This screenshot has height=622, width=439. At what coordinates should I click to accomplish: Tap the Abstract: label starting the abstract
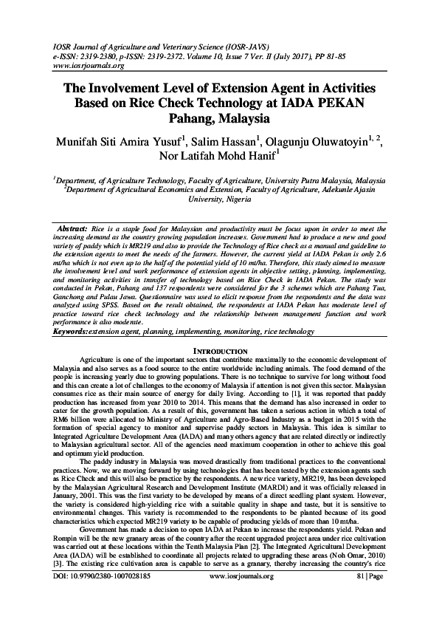[x=72, y=230]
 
